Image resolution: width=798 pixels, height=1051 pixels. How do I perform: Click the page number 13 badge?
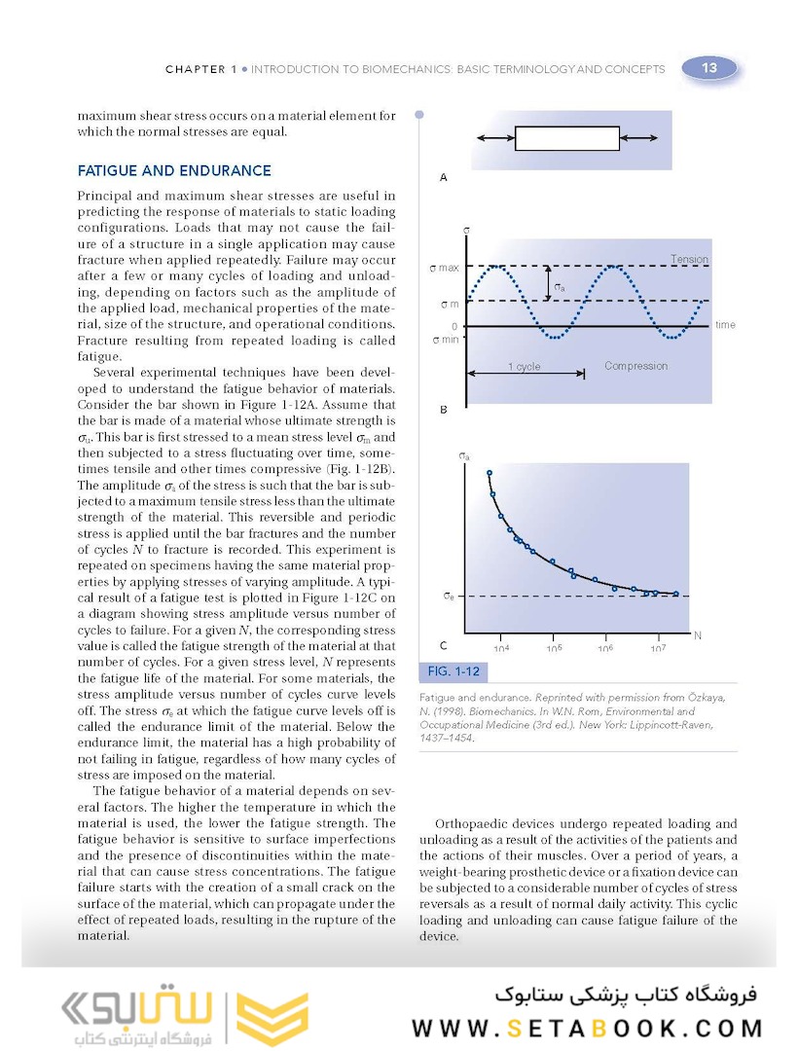tap(709, 68)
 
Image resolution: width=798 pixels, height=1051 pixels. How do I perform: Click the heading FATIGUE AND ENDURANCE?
tap(174, 171)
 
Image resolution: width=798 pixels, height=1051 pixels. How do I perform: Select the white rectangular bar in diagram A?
tap(566, 139)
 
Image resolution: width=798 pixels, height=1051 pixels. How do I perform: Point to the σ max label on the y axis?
tap(444, 268)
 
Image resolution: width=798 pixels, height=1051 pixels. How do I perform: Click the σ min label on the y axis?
tap(444, 340)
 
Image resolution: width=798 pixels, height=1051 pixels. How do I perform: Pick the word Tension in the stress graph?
tap(689, 259)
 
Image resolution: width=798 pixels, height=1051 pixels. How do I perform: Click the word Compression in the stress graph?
tap(635, 366)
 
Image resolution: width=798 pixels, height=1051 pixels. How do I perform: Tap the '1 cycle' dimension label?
tap(524, 367)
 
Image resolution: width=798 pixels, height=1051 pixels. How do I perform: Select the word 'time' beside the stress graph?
tap(725, 325)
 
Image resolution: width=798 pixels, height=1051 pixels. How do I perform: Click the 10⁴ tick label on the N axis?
tap(502, 649)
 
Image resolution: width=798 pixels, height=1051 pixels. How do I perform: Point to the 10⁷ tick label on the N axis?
tap(657, 649)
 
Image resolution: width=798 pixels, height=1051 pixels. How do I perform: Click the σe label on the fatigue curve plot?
tap(449, 596)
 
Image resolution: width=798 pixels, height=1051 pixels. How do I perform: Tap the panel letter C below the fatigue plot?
tap(444, 645)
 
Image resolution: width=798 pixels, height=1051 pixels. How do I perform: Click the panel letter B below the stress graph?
tap(444, 410)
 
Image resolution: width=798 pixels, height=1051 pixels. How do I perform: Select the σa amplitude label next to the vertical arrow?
tap(560, 287)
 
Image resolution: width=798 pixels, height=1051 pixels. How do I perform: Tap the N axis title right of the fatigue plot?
tap(697, 635)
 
